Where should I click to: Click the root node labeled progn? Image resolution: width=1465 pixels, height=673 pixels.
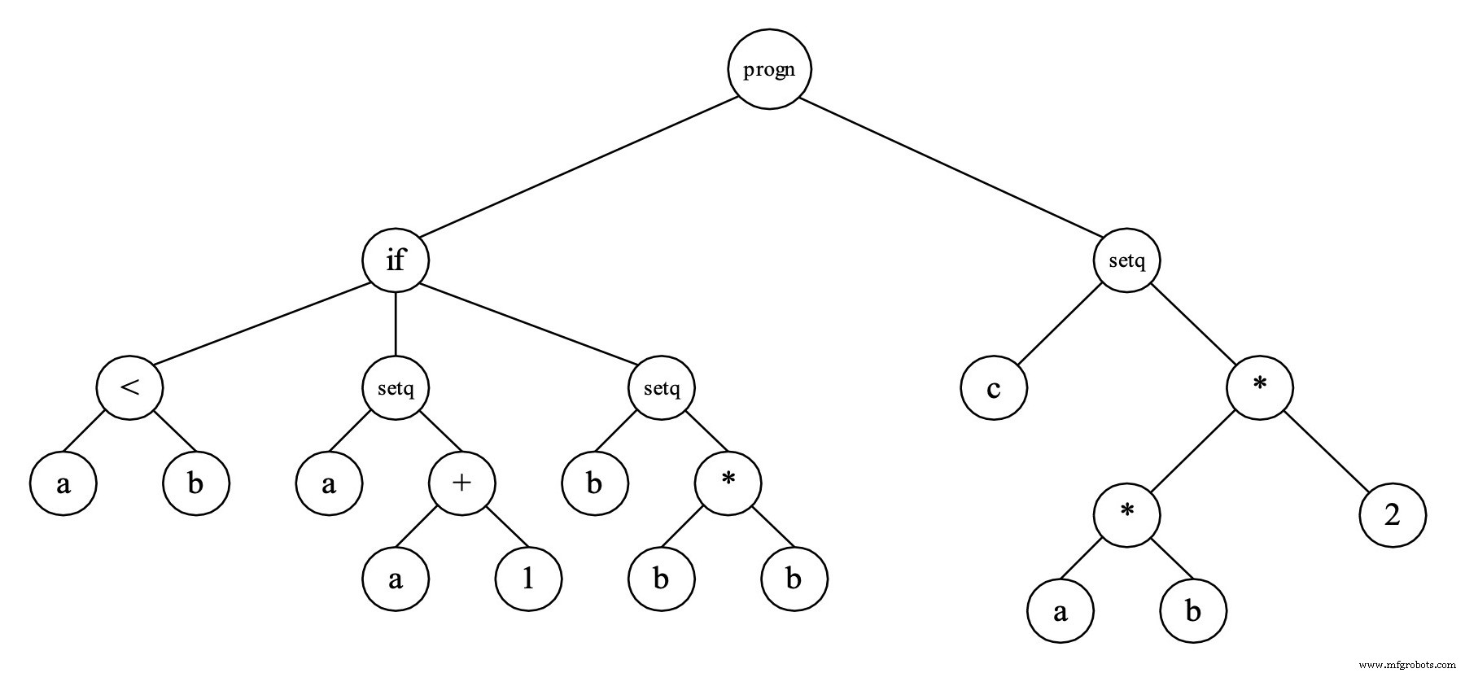pos(769,69)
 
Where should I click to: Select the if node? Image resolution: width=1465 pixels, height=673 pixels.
pos(396,260)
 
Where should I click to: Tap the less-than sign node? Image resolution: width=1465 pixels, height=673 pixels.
pos(129,387)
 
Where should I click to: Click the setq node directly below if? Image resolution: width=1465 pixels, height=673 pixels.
pos(396,388)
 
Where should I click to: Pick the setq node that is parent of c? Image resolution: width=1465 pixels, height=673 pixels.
pos(1127,261)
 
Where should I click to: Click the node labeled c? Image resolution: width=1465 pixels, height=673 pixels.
pos(994,388)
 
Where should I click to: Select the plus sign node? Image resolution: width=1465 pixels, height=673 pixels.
pos(461,483)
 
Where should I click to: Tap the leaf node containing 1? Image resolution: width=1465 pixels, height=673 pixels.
pos(528,579)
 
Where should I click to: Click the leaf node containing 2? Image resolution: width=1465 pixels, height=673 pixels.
pos(1393,515)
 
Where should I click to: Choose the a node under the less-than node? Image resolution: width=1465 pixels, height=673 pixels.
pos(63,483)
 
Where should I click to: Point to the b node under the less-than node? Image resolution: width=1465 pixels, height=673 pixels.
pos(196,483)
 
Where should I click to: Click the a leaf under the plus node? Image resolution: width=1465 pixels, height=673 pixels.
pos(396,579)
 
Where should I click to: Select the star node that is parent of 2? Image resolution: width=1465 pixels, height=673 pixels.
pos(1260,388)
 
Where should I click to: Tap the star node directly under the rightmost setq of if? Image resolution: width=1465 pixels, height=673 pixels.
pos(728,483)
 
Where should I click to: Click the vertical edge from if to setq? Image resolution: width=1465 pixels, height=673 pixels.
pos(396,324)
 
